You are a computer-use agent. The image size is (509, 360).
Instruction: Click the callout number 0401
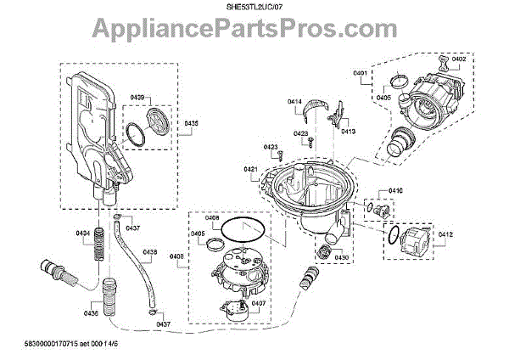point(359,74)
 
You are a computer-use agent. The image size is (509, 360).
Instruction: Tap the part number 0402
point(459,59)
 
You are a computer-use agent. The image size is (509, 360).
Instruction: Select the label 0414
point(294,102)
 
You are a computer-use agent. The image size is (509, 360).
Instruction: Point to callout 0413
point(348,132)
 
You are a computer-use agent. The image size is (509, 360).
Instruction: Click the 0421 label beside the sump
point(250,170)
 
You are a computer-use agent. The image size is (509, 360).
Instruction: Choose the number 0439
point(137,97)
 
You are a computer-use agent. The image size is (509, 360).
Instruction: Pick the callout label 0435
point(191,124)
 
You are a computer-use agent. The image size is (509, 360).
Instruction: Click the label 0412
point(446,234)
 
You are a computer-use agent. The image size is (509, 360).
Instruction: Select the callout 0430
point(341,257)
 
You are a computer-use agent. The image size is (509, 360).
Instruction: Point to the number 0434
point(82,233)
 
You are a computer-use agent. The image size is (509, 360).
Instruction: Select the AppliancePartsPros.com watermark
point(255,31)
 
